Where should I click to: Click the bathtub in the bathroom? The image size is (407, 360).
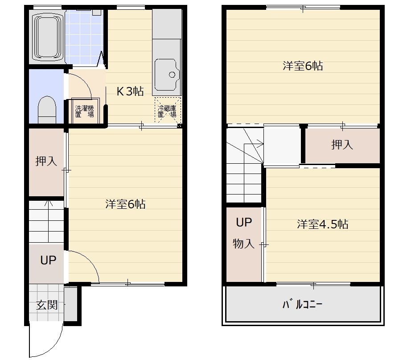(47, 37)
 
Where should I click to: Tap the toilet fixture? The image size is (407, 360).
(47, 110)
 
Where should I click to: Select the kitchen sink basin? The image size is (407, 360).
(167, 75)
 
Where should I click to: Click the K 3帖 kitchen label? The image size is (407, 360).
(130, 91)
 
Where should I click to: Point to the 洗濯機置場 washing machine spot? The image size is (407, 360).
(85, 111)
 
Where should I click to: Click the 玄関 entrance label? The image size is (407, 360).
(47, 305)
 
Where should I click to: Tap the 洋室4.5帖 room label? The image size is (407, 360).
(322, 224)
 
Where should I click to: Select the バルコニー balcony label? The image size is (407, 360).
(302, 304)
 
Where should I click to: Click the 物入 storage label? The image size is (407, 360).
(243, 244)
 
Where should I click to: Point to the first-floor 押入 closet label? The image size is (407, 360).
(46, 161)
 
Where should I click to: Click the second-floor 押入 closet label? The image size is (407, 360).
(342, 145)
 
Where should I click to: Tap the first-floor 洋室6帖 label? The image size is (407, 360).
(125, 204)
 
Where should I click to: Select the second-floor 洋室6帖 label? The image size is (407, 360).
(303, 66)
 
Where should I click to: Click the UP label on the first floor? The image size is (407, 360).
(48, 260)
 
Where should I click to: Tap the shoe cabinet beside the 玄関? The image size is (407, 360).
(70, 304)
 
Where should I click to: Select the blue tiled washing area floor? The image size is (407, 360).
(84, 37)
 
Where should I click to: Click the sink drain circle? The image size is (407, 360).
(172, 75)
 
